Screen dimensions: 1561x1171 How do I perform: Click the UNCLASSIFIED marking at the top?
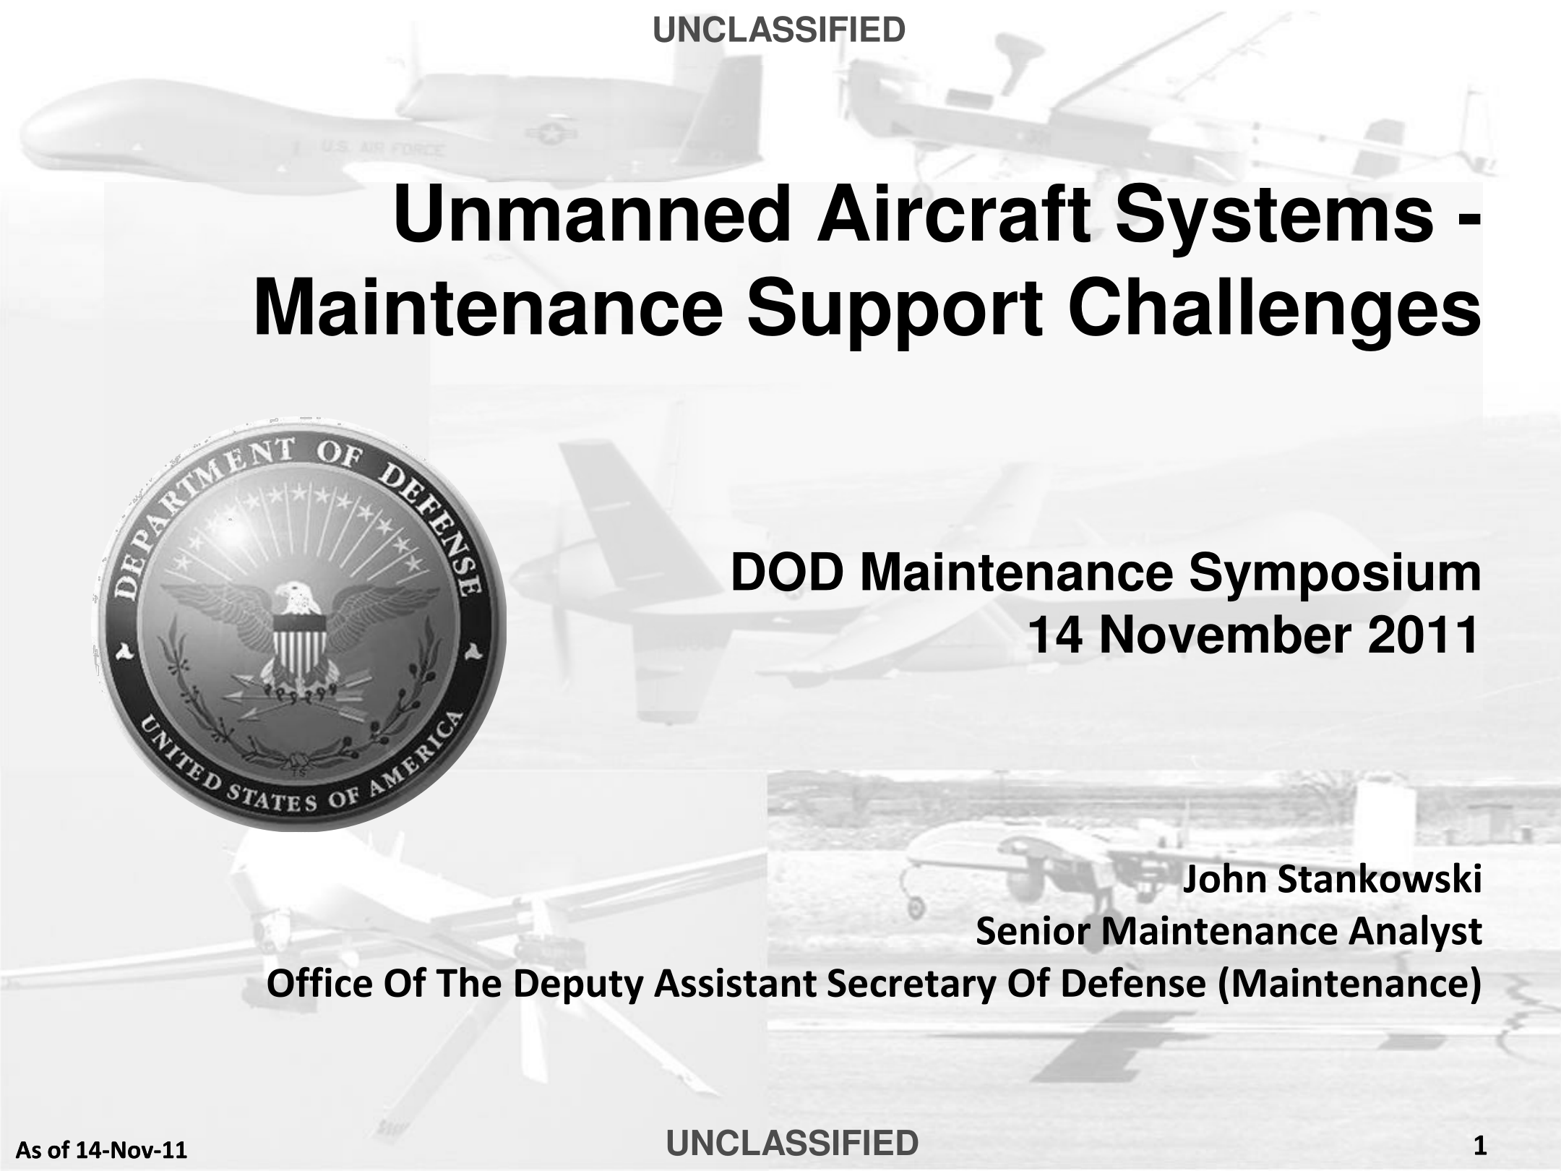[x=779, y=30]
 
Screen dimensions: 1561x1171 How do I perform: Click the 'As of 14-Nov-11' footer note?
[x=101, y=1149]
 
